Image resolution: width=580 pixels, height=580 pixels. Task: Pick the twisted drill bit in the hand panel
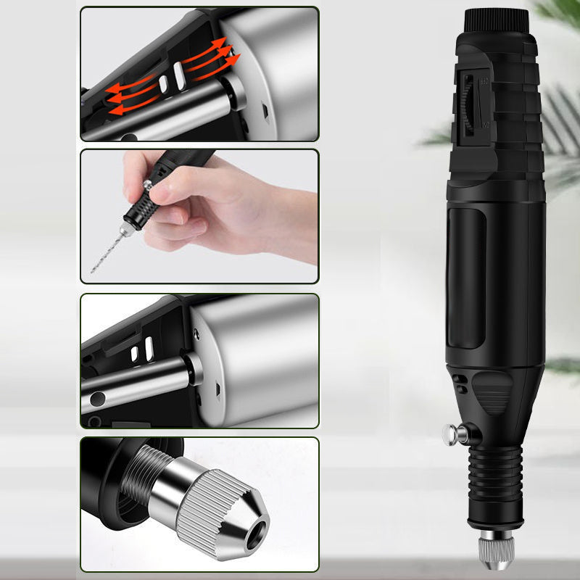[x=105, y=250]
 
